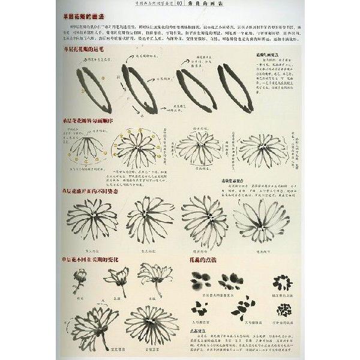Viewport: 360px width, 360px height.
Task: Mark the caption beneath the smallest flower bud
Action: coord(80,296)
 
